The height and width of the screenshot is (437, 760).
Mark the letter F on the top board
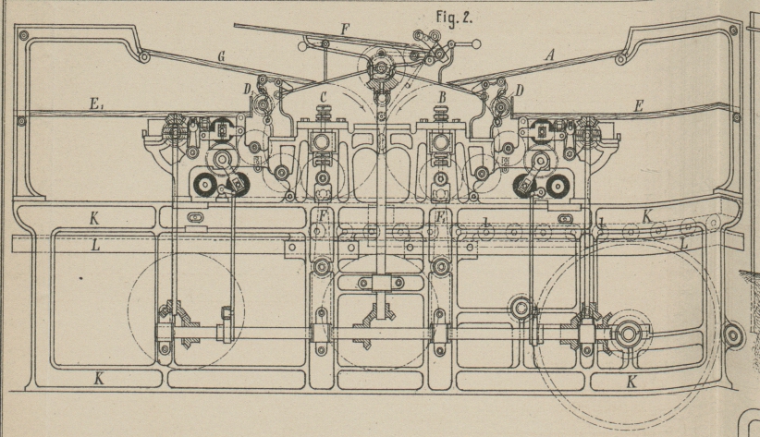(x=344, y=30)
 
